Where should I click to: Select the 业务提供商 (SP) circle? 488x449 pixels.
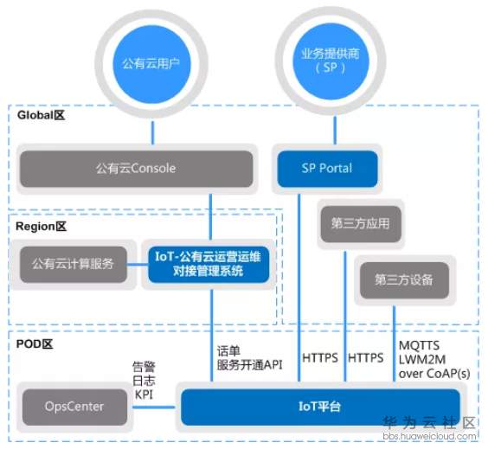pyautogui.click(x=328, y=60)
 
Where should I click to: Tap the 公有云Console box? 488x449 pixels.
pyautogui.click(x=136, y=168)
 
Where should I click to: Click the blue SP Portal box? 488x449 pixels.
pyautogui.click(x=328, y=168)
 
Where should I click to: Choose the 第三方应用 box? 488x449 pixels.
pyautogui.click(x=359, y=223)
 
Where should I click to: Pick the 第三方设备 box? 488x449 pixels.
pyautogui.click(x=404, y=279)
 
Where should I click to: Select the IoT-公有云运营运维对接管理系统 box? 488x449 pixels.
pyautogui.click(x=209, y=264)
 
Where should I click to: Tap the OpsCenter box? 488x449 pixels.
pyautogui.click(x=74, y=405)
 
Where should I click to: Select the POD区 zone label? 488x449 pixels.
pyautogui.click(x=35, y=343)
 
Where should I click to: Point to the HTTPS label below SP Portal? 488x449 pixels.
pyautogui.click(x=320, y=356)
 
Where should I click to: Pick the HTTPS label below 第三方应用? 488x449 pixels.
pyautogui.click(x=365, y=356)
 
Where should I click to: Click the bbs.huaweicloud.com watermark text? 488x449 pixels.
pyautogui.click(x=429, y=437)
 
